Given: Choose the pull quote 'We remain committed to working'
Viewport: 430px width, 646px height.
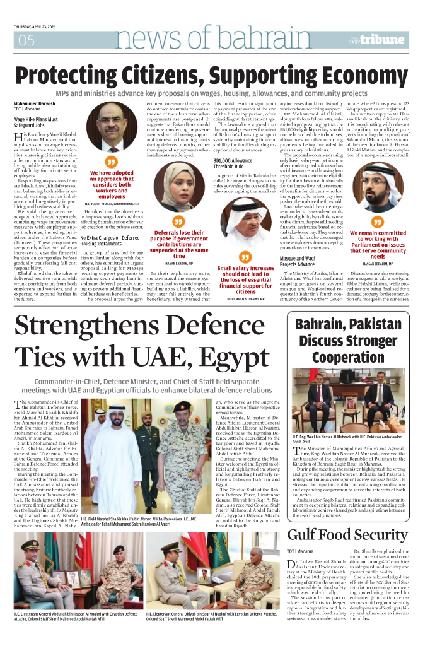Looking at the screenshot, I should tap(378, 245).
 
